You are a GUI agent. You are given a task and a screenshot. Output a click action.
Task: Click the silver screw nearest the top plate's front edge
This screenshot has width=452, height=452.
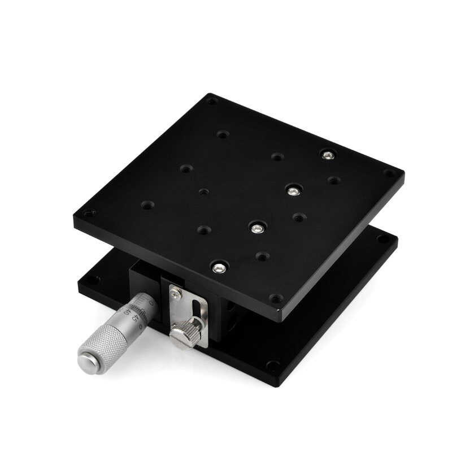point(220,267)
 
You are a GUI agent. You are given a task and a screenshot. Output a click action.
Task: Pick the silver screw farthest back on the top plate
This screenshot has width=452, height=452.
point(327,154)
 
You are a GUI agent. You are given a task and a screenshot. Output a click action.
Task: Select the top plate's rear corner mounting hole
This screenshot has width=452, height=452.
point(211,102)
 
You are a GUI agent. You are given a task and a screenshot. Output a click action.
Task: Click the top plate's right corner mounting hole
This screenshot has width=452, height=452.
point(389,173)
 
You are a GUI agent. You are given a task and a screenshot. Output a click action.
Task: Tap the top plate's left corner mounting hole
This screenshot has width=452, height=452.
point(88,214)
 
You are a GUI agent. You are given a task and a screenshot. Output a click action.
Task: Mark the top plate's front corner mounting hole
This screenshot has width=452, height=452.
point(276,298)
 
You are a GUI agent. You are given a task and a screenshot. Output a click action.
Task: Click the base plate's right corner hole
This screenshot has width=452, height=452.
point(383,240)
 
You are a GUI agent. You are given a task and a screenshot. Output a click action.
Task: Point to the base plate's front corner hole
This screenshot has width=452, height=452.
point(273,365)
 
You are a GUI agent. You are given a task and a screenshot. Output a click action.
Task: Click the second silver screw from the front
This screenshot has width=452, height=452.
point(257,228)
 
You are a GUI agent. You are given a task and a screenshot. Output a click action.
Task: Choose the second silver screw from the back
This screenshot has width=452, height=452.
point(292,191)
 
